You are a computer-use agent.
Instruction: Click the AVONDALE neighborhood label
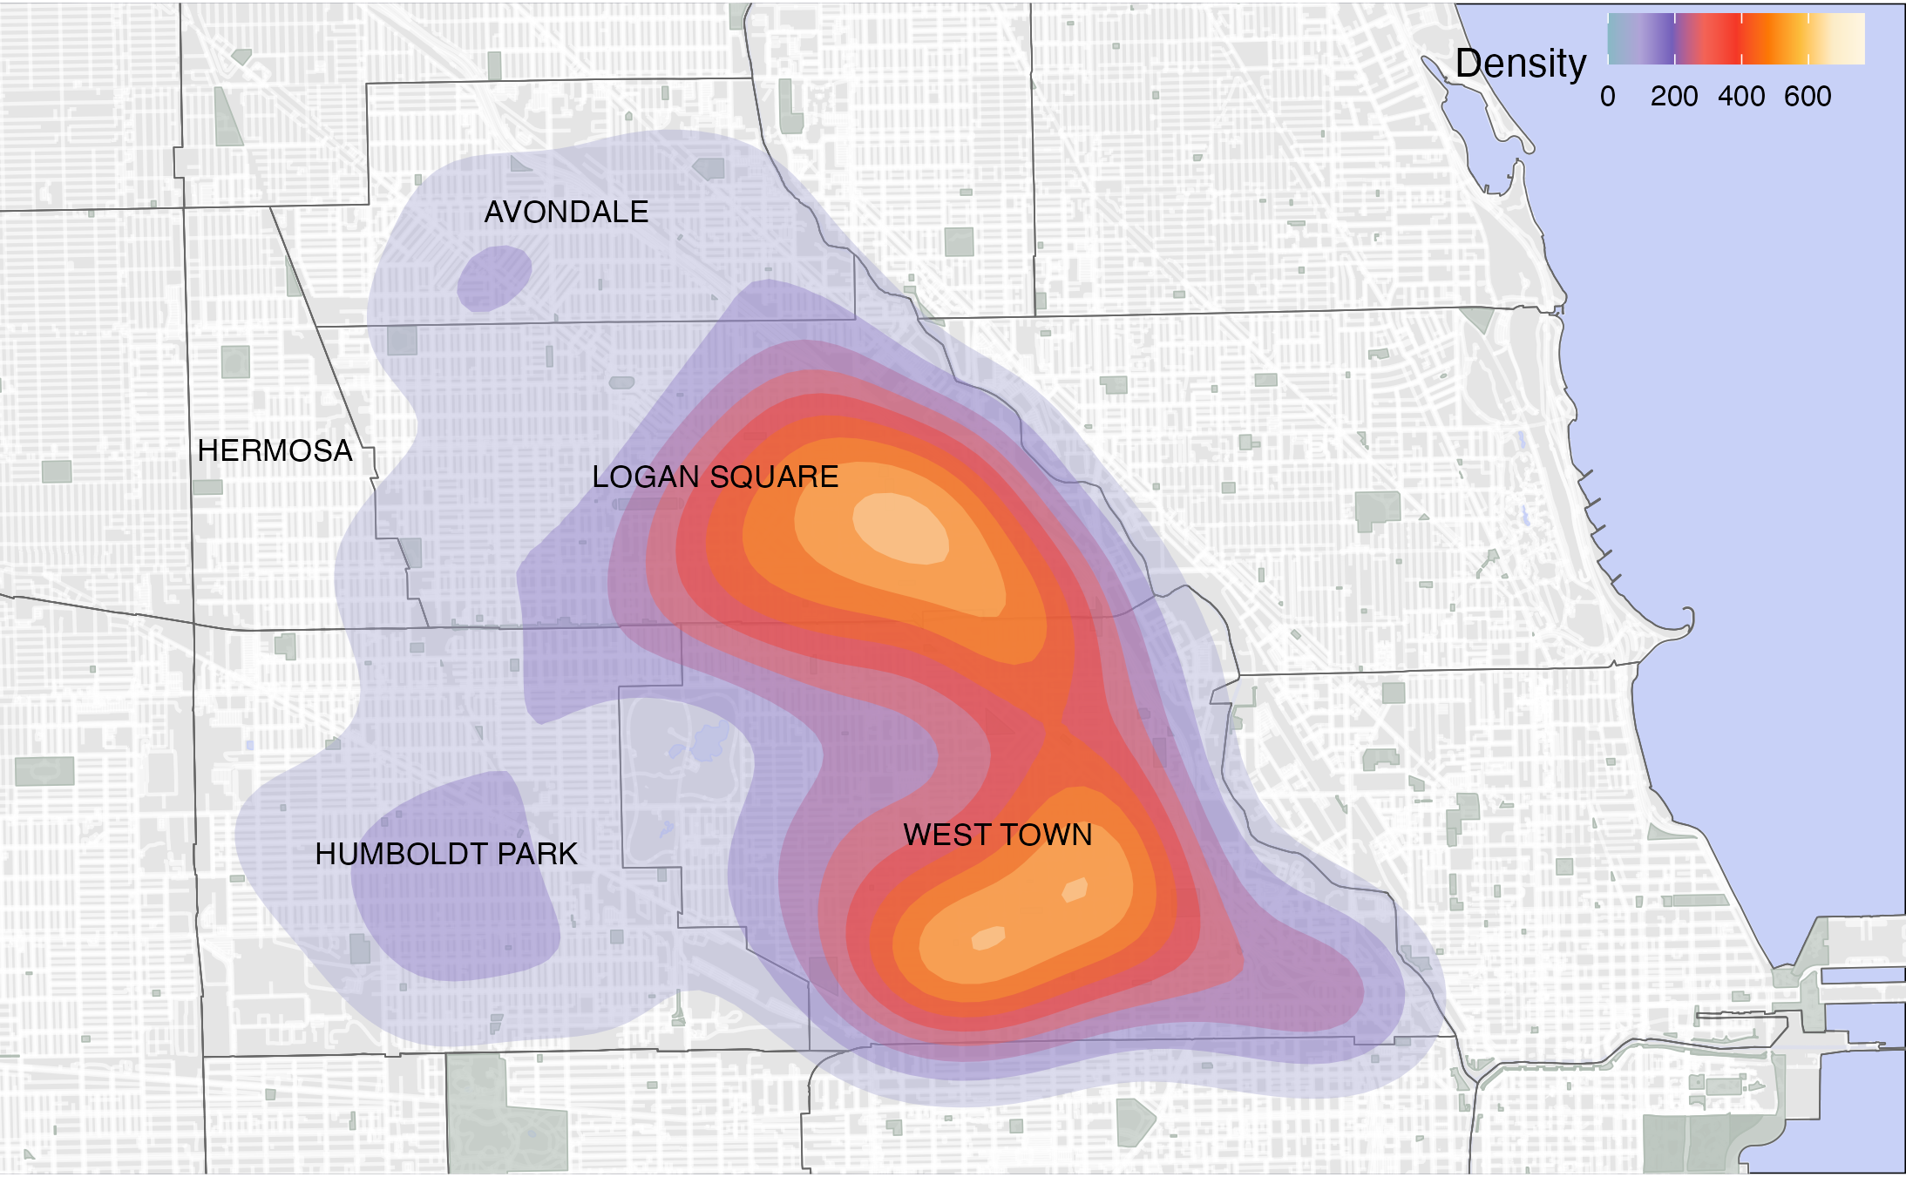(x=566, y=212)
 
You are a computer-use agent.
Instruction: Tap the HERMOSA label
(x=275, y=450)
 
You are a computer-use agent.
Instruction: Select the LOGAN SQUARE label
(x=715, y=477)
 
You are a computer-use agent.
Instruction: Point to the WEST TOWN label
(x=997, y=835)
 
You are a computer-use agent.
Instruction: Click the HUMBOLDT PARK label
(x=446, y=854)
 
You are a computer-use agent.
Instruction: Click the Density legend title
(x=1521, y=64)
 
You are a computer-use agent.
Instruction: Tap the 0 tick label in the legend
(x=1608, y=96)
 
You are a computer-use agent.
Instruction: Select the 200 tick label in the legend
(x=1674, y=96)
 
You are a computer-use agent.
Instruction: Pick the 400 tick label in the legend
(x=1741, y=96)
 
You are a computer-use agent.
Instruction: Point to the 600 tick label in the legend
(x=1808, y=96)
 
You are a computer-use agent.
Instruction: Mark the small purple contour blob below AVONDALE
(x=494, y=278)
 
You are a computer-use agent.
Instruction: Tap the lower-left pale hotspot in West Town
(x=988, y=938)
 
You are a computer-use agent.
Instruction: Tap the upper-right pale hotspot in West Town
(x=1075, y=890)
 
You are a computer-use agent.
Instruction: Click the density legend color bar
(x=1735, y=38)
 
